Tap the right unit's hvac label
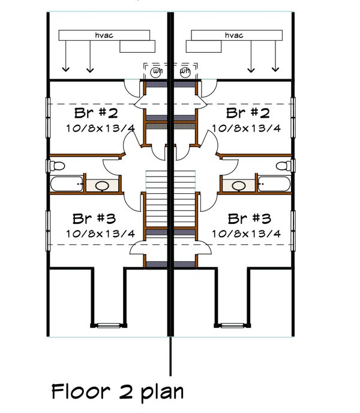coord(234,36)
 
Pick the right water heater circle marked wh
coord(185,71)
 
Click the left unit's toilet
coord(55,165)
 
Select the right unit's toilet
coord(286,165)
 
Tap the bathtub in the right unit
coord(274,184)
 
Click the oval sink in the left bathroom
coord(103,185)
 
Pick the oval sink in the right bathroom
coord(239,185)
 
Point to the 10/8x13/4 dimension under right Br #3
coord(246,233)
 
